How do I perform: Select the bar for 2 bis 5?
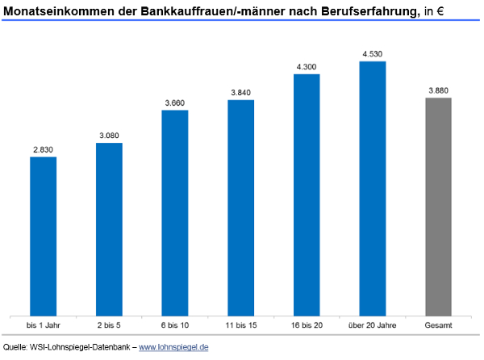[109, 229]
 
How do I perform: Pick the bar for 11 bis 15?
[240, 207]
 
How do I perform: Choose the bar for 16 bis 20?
[307, 195]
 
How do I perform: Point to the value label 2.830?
[43, 149]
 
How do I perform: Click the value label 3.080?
[109, 135]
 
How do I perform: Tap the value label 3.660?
[175, 102]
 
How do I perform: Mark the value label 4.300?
[307, 65]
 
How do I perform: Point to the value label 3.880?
[438, 90]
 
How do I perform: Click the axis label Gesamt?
[438, 324]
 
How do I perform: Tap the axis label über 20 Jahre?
[373, 324]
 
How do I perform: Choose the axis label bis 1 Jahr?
[43, 324]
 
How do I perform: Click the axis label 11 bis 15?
[240, 324]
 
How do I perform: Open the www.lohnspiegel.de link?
[174, 347]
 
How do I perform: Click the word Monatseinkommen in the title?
[52, 10]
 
